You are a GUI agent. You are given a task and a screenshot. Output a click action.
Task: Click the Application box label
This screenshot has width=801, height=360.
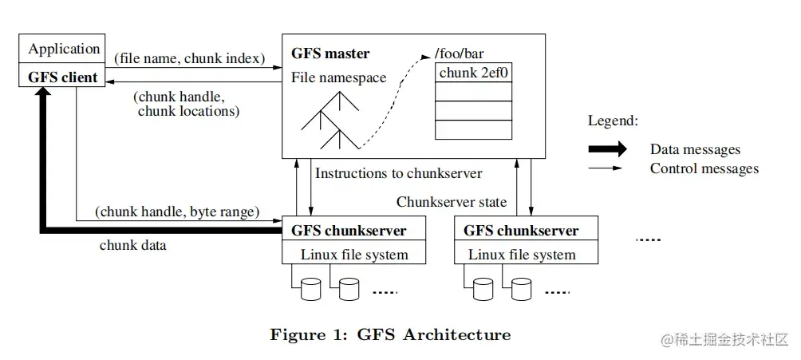(64, 49)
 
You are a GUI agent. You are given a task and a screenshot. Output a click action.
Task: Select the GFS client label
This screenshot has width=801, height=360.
(62, 77)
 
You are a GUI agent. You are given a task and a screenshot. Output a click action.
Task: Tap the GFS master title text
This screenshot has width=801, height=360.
(330, 53)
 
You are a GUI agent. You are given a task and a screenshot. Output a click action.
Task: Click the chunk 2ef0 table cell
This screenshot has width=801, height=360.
(474, 73)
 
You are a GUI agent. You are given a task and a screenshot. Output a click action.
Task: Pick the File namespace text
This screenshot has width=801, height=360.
(339, 77)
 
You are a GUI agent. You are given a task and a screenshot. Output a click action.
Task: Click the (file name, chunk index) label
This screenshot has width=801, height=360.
(190, 58)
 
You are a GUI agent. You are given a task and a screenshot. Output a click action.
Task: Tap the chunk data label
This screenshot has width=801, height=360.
(132, 245)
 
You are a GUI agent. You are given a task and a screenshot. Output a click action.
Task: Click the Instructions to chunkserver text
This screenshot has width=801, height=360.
(398, 173)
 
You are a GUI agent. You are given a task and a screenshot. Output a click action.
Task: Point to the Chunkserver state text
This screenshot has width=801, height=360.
(452, 202)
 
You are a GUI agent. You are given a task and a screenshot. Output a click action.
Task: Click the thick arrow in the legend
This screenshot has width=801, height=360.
(607, 148)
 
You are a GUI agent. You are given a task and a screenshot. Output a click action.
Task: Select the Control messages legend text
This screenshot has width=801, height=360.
(704, 168)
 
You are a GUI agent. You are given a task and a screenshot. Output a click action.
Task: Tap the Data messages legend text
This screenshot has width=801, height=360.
(695, 149)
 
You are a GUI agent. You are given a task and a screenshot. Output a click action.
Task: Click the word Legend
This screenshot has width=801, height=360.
(613, 121)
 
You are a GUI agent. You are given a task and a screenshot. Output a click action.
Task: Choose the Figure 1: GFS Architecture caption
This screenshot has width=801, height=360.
(390, 335)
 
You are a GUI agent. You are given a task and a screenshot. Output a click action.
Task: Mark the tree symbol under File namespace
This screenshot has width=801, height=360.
(330, 120)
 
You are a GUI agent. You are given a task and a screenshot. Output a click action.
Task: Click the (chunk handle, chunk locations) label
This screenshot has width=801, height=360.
(186, 104)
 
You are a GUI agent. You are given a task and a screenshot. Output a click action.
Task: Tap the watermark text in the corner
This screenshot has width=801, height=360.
(725, 340)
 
